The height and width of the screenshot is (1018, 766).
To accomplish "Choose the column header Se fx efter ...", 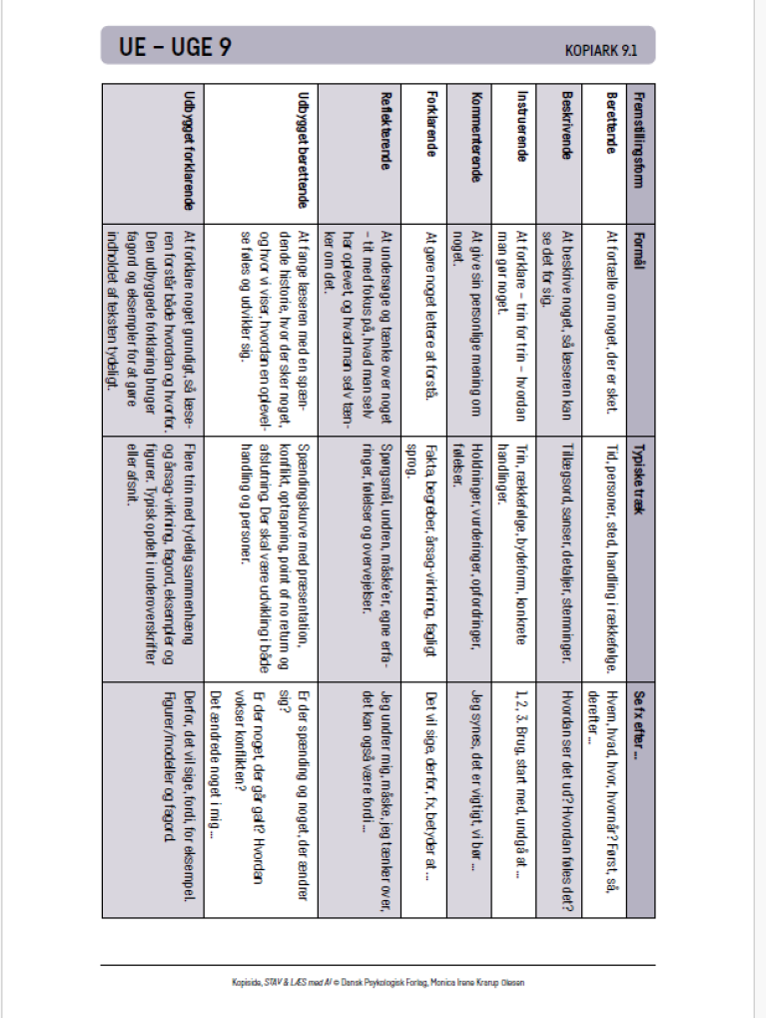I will click(x=640, y=715).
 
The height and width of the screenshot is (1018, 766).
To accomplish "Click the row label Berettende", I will click(x=613, y=125).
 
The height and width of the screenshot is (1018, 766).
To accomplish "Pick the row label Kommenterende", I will click(x=476, y=135).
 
